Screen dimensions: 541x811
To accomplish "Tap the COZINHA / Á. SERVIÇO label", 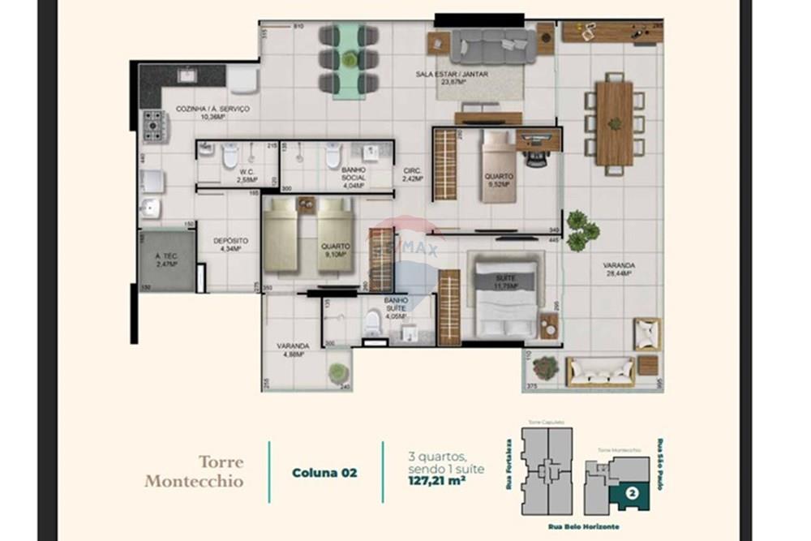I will pos(201,112).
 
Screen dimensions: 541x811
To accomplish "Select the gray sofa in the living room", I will pos(493,46).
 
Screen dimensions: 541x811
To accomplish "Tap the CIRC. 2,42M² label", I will pos(413,174).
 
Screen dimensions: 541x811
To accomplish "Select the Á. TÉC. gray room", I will pos(166,260).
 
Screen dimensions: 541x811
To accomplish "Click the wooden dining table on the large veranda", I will pos(614,122).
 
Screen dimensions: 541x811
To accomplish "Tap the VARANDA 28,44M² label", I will pos(618,268).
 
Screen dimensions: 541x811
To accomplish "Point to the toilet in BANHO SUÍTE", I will pos(372,322).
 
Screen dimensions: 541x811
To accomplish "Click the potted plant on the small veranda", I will pos(337,372).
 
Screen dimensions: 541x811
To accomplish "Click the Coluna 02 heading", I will pos(324,472).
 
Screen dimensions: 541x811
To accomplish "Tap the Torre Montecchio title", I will pos(194,472).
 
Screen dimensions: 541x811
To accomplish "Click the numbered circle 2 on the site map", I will pos(632,489).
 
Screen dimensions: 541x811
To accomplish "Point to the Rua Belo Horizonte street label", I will pos(583,526).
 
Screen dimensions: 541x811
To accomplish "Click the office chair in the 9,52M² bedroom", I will pos(535,157).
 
